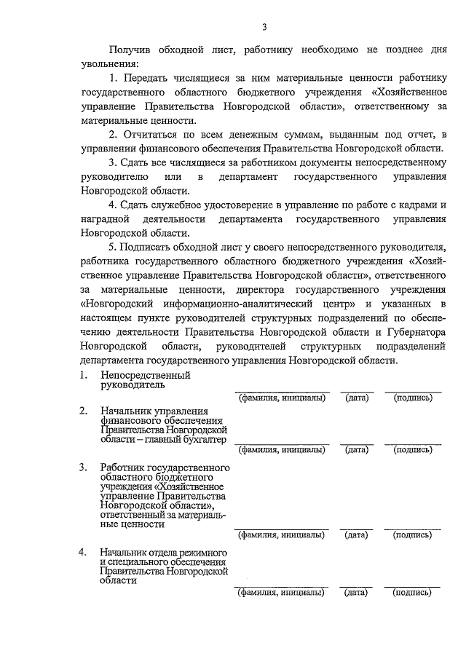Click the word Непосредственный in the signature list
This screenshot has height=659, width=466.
tap(146, 376)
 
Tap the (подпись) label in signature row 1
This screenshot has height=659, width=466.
tap(413, 398)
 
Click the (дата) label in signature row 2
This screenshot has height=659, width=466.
tap(357, 449)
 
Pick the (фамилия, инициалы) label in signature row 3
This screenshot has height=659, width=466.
tap(281, 535)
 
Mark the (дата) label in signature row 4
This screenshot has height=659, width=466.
tap(357, 593)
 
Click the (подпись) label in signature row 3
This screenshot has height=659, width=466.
tap(413, 535)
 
